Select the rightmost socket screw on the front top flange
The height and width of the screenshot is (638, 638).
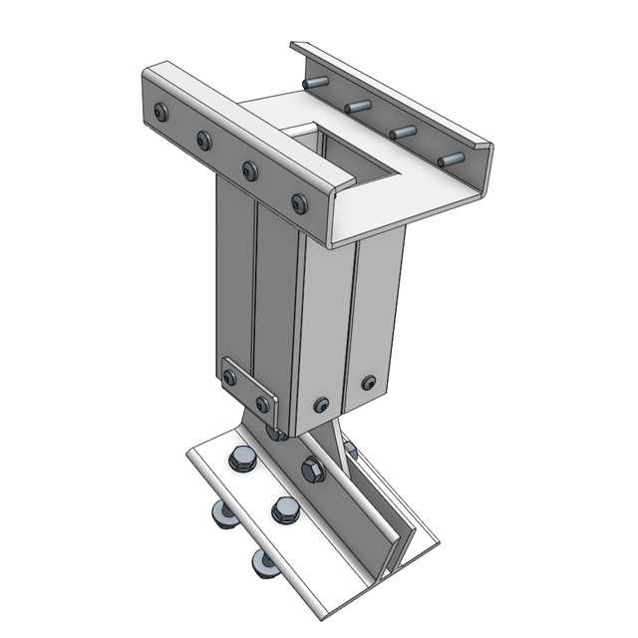click(299, 203)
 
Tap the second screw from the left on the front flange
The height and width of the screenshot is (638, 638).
click(204, 140)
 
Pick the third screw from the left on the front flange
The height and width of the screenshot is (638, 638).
click(250, 170)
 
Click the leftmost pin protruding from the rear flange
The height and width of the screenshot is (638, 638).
click(317, 83)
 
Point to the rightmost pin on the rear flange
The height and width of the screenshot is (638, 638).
click(451, 159)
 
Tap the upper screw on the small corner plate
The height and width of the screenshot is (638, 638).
click(230, 377)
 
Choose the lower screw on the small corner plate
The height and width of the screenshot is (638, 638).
click(262, 404)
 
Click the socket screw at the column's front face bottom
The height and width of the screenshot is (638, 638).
click(320, 405)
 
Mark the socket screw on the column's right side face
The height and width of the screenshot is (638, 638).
click(369, 383)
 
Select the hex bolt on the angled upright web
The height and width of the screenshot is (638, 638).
click(311, 468)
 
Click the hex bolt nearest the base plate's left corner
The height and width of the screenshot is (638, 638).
click(240, 460)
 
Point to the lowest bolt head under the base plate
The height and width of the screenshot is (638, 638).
click(262, 563)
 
